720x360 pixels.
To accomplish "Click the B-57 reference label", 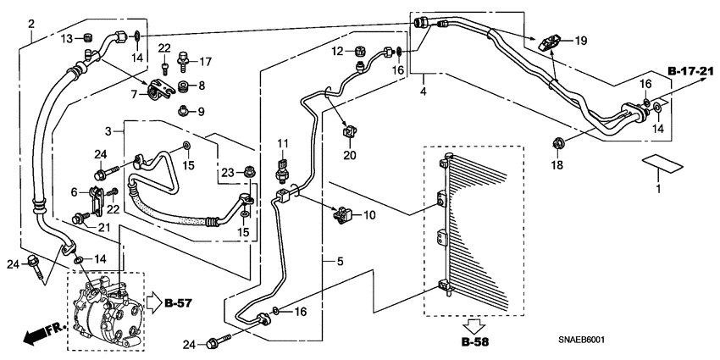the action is (178, 303).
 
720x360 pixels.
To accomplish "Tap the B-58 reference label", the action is (475, 342).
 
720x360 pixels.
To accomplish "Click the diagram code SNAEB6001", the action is (581, 341).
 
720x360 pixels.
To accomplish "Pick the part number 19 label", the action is (581, 42).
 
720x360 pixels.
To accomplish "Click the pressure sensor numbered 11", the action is (281, 170).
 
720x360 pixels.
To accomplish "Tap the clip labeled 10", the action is (343, 214).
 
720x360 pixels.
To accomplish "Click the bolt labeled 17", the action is (183, 61).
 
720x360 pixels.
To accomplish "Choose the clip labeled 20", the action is (351, 132).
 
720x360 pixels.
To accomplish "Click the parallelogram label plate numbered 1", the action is (662, 164).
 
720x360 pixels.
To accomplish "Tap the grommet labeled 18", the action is (558, 144).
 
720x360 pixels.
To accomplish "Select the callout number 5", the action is (340, 262).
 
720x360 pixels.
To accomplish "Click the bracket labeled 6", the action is (96, 200).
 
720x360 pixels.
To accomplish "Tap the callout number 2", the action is (31, 24).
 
